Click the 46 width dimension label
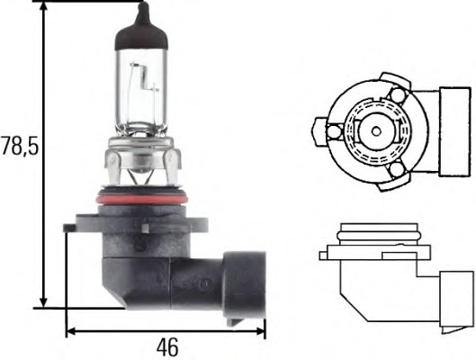point(166,346)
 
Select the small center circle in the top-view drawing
point(373,130)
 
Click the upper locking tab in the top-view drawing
point(397,94)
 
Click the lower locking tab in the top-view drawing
point(397,170)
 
